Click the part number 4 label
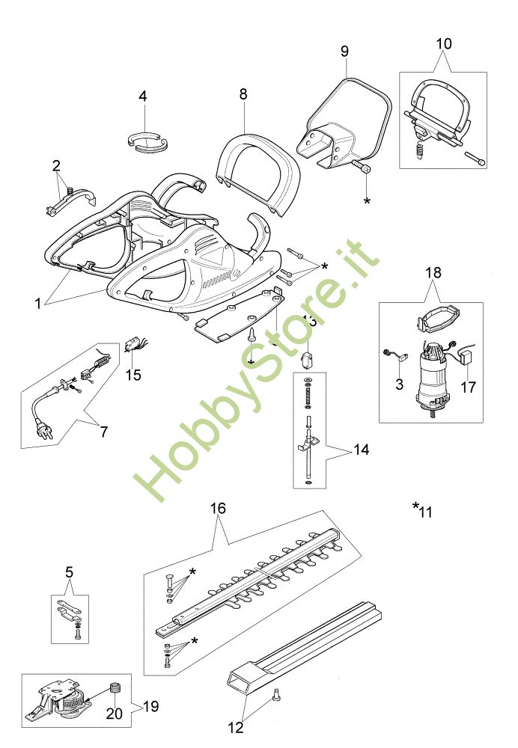click(142, 96)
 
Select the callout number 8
click(243, 94)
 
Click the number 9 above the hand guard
click(344, 51)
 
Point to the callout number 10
click(444, 43)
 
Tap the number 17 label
click(469, 387)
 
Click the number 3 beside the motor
click(400, 384)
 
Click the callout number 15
click(132, 375)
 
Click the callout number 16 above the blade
click(217, 508)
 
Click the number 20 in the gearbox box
click(114, 714)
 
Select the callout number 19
click(150, 706)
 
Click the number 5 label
click(70, 573)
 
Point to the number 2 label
click(55, 165)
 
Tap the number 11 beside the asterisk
click(426, 512)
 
